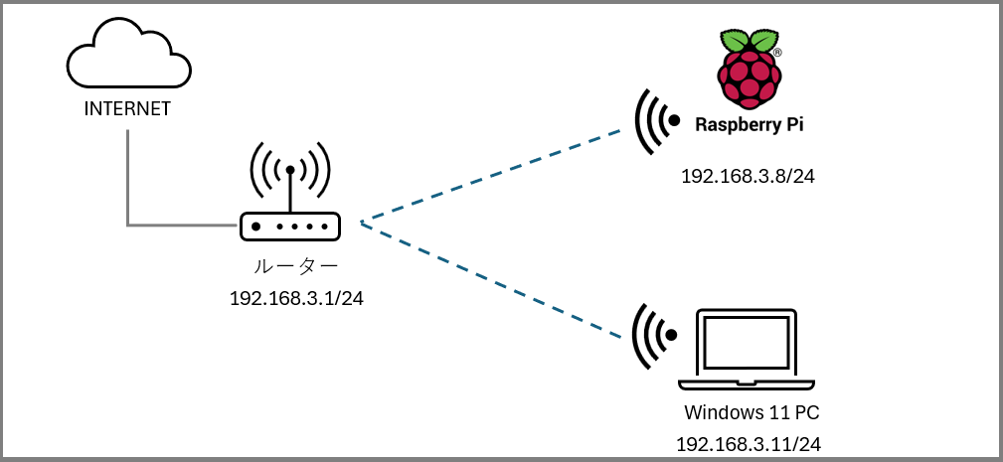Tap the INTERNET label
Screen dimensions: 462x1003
[127, 107]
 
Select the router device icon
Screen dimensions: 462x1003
[289, 227]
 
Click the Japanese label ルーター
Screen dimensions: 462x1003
[296, 266]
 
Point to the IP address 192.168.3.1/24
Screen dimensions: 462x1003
[296, 298]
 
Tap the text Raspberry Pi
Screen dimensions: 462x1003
[750, 124]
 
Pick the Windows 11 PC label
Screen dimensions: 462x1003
[752, 412]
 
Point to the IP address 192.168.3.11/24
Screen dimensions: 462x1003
[749, 444]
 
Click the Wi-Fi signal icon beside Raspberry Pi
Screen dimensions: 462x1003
[655, 121]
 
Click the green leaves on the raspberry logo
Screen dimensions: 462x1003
[749, 41]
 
